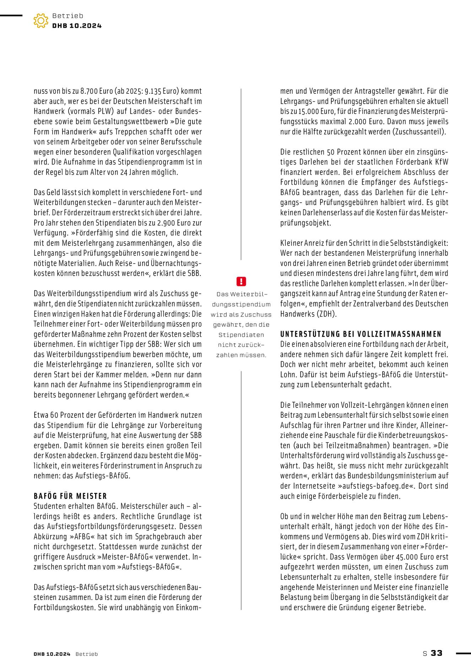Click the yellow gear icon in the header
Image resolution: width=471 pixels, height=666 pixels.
pos(41,21)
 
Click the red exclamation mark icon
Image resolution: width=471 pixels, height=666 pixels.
pos(241,282)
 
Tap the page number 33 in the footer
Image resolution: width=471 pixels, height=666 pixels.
pos(437,653)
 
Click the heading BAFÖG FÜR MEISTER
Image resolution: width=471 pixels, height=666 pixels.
pos(70,496)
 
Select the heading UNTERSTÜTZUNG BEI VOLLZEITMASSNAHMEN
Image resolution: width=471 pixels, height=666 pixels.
pos(361,334)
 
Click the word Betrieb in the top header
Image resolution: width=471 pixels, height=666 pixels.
pos(67,16)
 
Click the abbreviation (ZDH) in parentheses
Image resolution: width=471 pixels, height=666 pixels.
pos(326,314)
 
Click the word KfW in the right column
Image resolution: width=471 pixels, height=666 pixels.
pos(442,162)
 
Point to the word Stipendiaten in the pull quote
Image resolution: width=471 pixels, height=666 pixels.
pos(241,335)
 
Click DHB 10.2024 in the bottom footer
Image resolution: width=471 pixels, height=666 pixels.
pos(52,654)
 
